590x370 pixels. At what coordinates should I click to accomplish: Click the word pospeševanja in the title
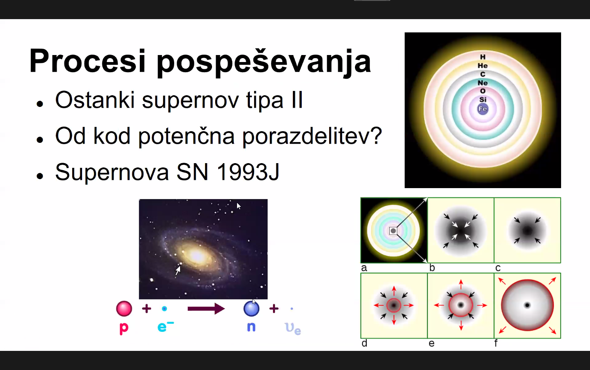pos(264,63)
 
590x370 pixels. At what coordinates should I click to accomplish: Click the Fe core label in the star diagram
pos(483,109)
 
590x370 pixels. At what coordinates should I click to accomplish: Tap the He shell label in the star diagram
pos(483,66)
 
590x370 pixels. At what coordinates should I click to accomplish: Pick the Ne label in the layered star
pos(483,83)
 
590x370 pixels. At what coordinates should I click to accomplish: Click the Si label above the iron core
pos(483,100)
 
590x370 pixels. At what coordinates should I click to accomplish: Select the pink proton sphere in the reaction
pos(124,308)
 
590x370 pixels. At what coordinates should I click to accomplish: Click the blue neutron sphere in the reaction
pos(251,308)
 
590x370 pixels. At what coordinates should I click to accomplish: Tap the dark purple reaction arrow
pos(206,309)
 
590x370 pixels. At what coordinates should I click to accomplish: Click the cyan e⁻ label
pos(166,327)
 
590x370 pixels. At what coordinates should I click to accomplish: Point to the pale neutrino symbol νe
pos(293,329)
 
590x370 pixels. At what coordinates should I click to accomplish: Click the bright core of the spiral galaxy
pos(196,255)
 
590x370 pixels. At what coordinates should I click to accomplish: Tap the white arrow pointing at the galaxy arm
pos(178,270)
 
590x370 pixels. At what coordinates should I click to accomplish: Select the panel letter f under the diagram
pos(496,343)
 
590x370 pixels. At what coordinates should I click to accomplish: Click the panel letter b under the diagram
pos(432,268)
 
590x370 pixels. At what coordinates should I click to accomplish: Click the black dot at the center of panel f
pos(527,305)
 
